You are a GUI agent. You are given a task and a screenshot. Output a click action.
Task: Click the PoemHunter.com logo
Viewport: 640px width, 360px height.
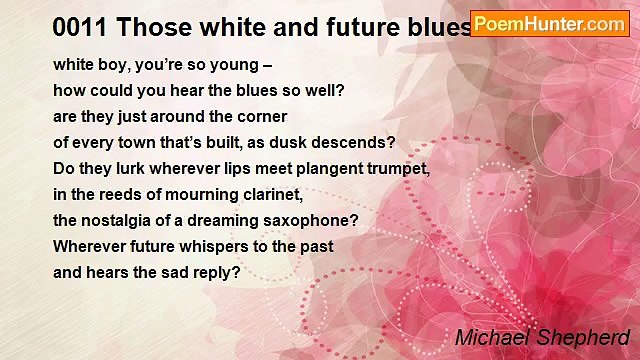point(549,24)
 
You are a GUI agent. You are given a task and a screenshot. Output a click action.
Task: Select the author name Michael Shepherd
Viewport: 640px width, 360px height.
point(542,338)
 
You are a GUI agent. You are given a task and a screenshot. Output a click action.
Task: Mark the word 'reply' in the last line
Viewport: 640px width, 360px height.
point(213,272)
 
